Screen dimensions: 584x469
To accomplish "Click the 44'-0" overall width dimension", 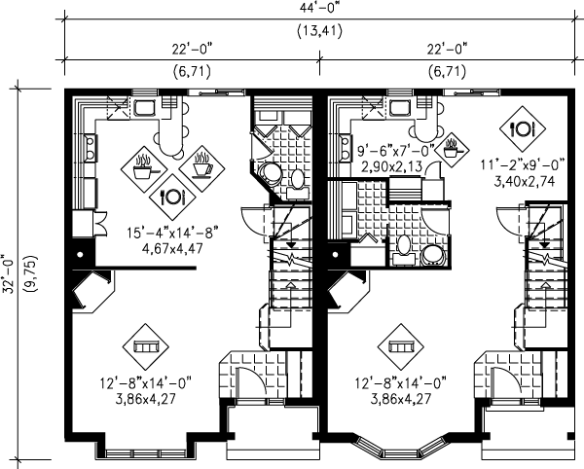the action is [x=320, y=8].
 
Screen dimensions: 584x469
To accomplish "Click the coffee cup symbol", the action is [x=202, y=168].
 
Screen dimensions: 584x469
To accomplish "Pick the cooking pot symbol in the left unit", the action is [x=144, y=168].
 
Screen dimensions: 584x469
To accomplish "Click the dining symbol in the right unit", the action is [x=522, y=128].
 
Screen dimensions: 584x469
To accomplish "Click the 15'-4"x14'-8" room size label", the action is [x=172, y=234].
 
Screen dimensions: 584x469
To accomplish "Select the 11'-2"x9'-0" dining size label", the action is [x=522, y=164].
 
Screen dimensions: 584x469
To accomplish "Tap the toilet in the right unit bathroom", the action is [x=403, y=247].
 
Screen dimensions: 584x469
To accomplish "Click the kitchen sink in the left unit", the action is [x=144, y=108].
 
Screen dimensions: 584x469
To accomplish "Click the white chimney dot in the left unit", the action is [x=80, y=255].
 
